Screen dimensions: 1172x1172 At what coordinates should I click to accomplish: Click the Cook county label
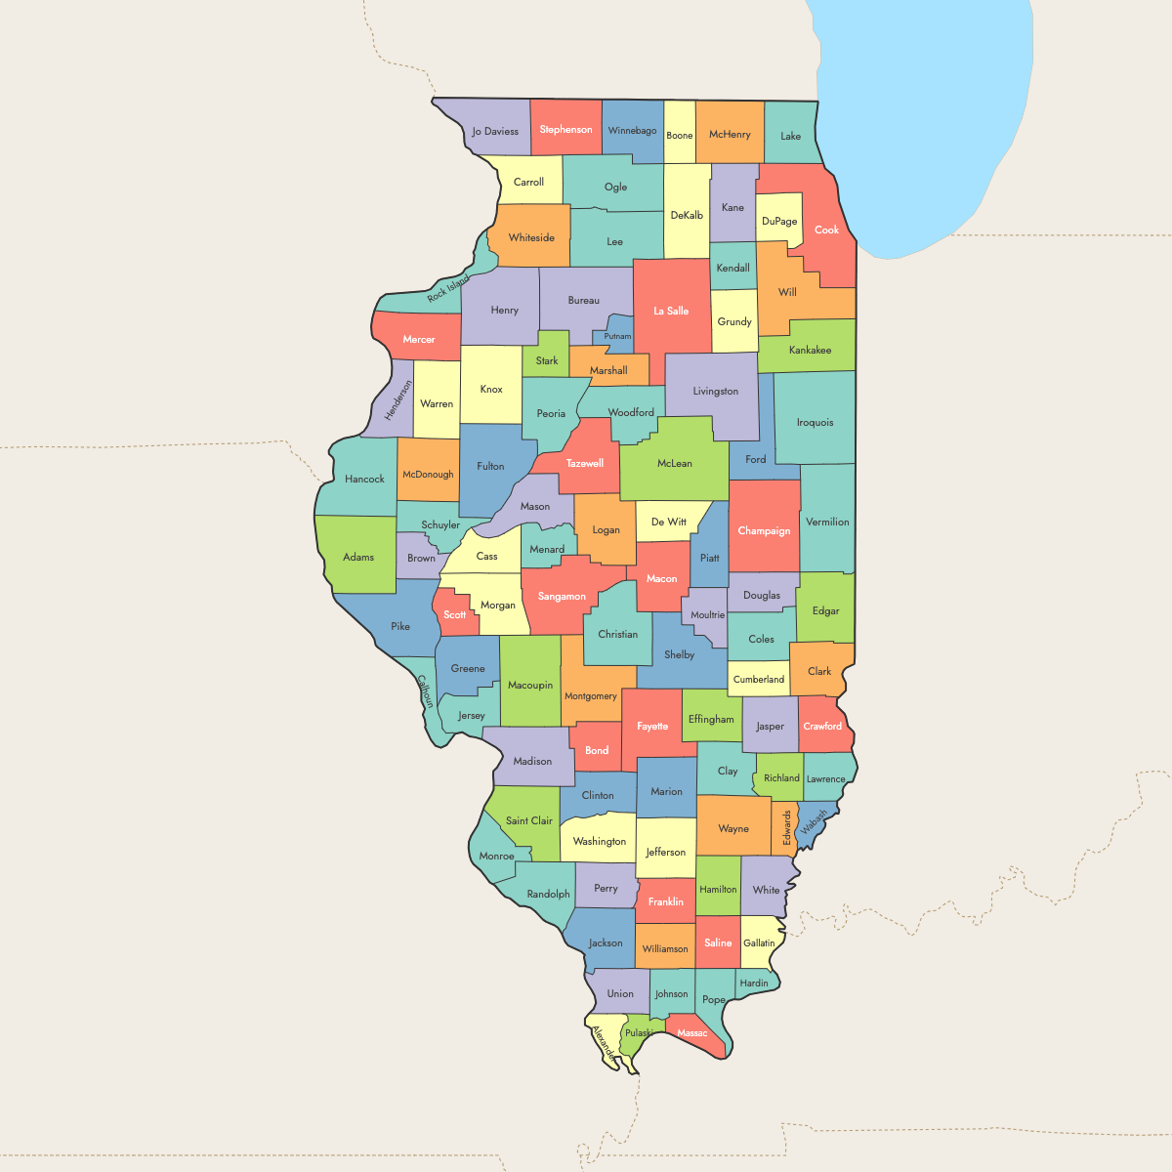point(826,230)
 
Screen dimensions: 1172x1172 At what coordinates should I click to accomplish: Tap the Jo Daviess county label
point(495,132)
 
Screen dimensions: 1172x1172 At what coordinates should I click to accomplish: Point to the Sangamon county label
point(562,597)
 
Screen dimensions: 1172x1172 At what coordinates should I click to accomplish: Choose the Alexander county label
point(604,1042)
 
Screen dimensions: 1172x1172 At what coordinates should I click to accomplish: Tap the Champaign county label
point(764,531)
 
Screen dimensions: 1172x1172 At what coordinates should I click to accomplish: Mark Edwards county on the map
point(785,828)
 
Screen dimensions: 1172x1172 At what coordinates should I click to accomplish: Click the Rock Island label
point(448,289)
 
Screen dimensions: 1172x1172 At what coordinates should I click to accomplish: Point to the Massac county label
point(692,1033)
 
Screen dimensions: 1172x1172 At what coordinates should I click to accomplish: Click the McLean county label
point(674,464)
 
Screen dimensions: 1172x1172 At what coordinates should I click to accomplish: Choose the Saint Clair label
point(529,821)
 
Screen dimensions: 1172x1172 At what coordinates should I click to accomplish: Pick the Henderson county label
point(398,401)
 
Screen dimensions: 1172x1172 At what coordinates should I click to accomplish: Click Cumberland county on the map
point(759,680)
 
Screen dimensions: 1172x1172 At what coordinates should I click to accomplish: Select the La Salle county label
point(671,312)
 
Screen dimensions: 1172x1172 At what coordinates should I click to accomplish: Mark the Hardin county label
point(754,984)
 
